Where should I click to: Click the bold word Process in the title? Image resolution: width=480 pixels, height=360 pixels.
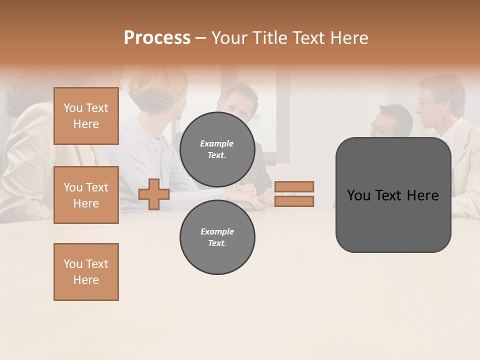(157, 38)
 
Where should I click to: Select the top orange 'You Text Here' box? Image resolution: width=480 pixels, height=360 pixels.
(86, 116)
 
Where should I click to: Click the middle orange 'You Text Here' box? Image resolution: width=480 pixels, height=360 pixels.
(86, 195)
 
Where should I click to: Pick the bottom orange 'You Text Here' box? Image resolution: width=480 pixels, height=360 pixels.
(86, 272)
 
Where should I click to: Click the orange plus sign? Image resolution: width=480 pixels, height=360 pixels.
(154, 194)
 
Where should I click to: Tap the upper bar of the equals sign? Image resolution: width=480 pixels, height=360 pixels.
(294, 186)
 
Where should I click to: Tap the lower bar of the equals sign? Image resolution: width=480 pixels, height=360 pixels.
(294, 201)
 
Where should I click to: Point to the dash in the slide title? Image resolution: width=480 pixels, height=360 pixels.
(200, 38)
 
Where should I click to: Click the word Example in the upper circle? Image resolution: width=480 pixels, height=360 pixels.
(217, 143)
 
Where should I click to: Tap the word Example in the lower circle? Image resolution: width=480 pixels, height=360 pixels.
(217, 231)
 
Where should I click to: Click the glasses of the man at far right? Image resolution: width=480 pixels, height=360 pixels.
(427, 102)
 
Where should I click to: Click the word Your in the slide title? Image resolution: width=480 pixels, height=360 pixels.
(229, 38)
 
